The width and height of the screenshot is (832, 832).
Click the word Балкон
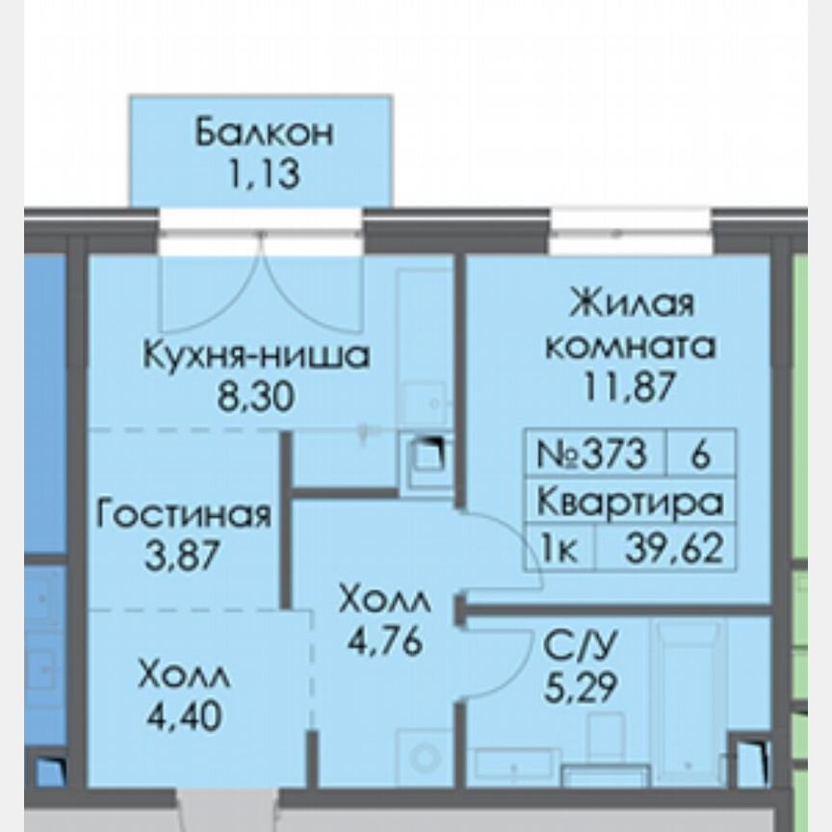coord(264,133)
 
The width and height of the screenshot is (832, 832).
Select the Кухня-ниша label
coord(256,355)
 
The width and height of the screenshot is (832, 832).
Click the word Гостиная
coord(184,514)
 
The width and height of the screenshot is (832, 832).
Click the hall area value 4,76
coord(385,640)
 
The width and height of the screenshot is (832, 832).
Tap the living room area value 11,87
coord(631,386)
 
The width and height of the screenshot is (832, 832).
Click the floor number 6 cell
coord(701,454)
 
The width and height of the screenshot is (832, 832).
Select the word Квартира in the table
coord(629,503)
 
